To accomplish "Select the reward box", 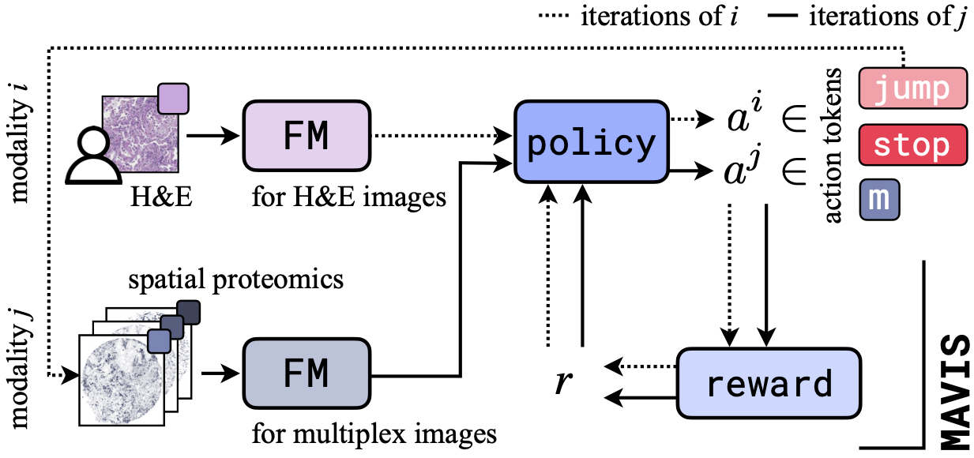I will tap(769, 384).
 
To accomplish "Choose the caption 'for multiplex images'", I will tap(374, 434).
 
